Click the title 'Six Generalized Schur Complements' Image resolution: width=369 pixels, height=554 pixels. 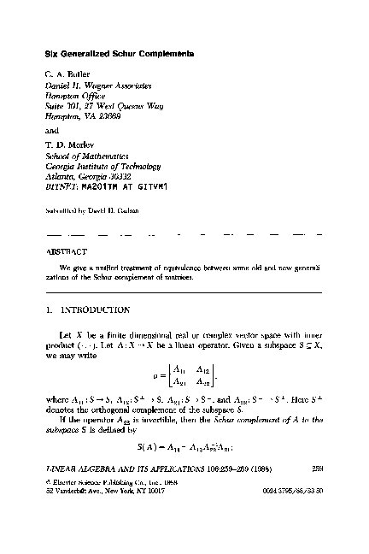(x=119, y=54)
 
